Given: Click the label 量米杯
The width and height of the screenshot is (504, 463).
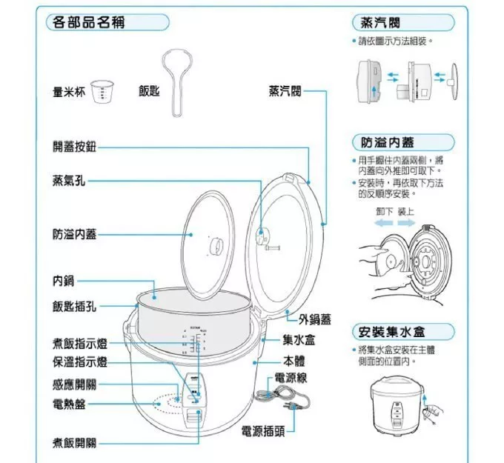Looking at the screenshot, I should coord(68,92).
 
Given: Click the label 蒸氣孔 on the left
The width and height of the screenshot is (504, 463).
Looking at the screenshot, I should coord(68,181).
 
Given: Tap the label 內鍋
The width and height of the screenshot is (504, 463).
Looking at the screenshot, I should coord(63,281).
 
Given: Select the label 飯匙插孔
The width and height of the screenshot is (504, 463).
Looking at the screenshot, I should coord(74,307).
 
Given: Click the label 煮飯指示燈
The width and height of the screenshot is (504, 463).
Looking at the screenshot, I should coord(80,344).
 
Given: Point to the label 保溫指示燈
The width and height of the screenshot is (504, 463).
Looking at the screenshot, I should coord(80,362).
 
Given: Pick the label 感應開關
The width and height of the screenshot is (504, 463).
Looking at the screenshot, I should coord(74,385).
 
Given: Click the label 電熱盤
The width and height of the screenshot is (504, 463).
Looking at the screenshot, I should coord(68,404).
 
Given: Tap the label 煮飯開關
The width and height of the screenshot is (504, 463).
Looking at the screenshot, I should coord(74,443).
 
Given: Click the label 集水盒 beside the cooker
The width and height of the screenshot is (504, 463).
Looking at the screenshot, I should coord(300,341).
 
